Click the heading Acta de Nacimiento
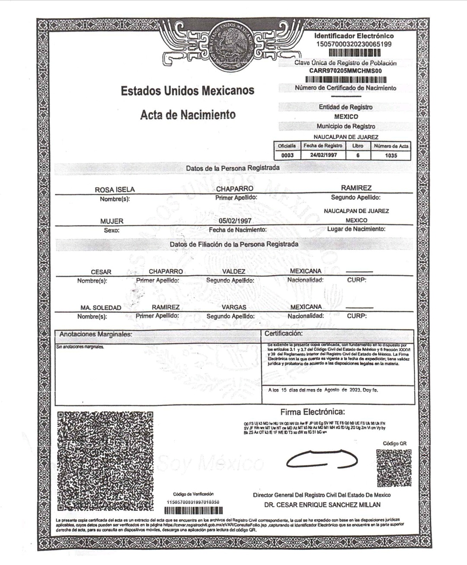(x=188, y=115)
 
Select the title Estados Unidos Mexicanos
(x=187, y=91)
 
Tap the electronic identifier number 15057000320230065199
(x=354, y=44)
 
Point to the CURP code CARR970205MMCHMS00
(x=345, y=71)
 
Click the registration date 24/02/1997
(x=323, y=155)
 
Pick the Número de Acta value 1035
(x=391, y=155)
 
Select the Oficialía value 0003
(x=287, y=155)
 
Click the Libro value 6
(x=358, y=155)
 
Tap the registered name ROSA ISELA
(x=115, y=189)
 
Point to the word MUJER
(x=112, y=221)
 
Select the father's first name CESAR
(x=101, y=272)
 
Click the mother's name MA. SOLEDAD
(x=101, y=308)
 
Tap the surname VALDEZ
(x=233, y=272)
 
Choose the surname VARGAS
(x=234, y=307)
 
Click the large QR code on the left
(x=106, y=460)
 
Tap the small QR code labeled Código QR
(x=393, y=468)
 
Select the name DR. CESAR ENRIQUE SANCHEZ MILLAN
(x=322, y=504)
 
